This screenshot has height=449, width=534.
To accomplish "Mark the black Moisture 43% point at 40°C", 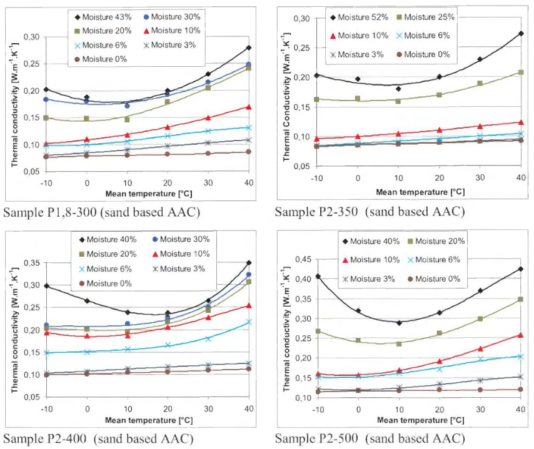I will [x=248, y=48].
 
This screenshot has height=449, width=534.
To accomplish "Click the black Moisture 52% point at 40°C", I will [x=520, y=34].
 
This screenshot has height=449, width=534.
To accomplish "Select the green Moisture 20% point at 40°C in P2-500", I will [x=520, y=300].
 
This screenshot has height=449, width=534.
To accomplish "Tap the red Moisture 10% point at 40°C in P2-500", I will [x=520, y=335].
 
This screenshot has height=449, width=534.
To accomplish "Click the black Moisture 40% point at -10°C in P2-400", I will [x=46, y=285].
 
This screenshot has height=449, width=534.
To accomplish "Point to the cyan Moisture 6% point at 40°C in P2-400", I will [x=248, y=322].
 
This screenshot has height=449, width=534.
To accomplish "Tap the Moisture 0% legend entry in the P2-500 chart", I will [x=431, y=279].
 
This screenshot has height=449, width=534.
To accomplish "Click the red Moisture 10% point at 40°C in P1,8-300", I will [x=248, y=107].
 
